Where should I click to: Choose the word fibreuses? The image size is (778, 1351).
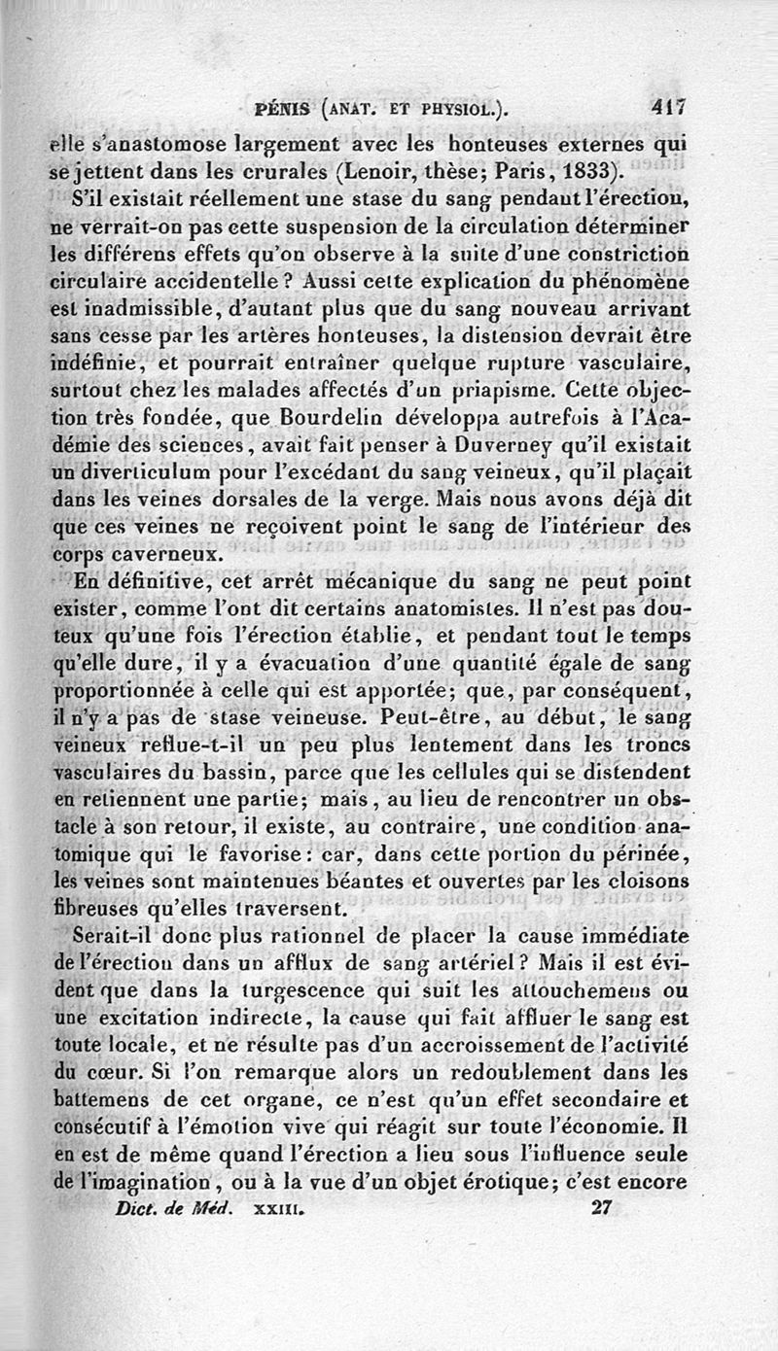(x=96, y=911)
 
